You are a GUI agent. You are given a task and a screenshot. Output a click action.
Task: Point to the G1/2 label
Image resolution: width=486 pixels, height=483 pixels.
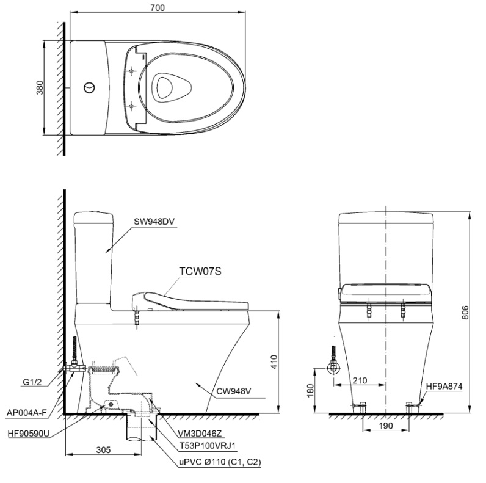[33, 383]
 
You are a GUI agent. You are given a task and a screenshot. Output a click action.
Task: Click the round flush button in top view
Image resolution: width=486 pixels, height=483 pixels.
[89, 87]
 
